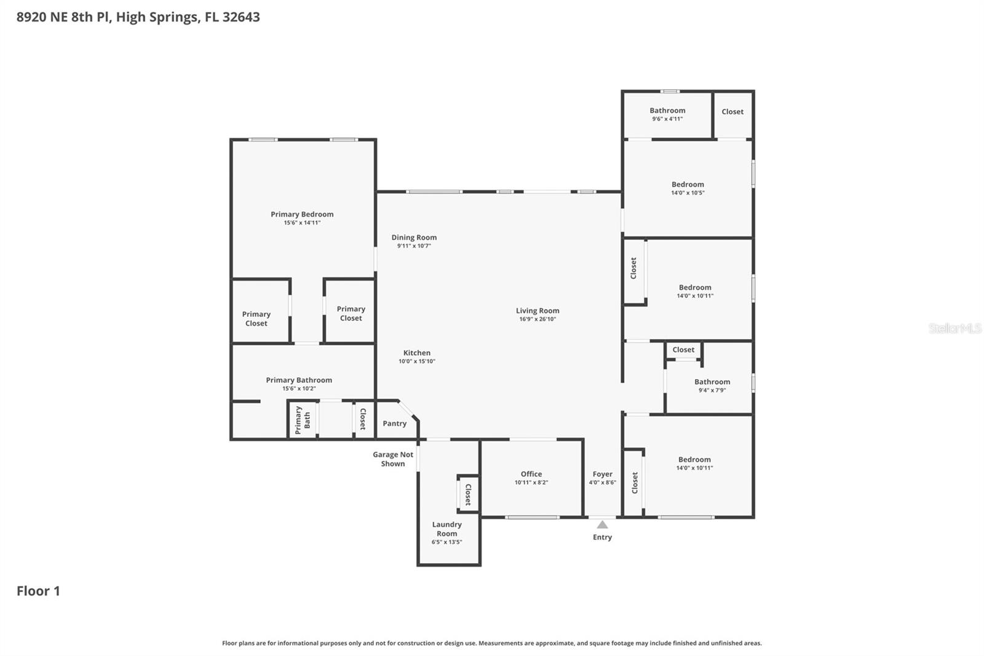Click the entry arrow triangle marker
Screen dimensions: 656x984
click(x=602, y=525)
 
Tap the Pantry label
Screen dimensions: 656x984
click(x=394, y=423)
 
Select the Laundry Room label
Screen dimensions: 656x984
click(x=446, y=529)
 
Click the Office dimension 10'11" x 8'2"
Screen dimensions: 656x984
click(x=531, y=482)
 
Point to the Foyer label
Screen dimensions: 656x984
click(x=602, y=474)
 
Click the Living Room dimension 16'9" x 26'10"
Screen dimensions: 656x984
click(x=538, y=319)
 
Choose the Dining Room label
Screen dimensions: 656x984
click(x=414, y=238)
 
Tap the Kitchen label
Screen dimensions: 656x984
click(x=416, y=353)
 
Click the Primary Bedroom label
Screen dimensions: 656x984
click(x=302, y=214)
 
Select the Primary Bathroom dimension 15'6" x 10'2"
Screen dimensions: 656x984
click(x=299, y=388)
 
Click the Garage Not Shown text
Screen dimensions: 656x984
click(x=393, y=459)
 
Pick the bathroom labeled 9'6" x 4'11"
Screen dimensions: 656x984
click(x=667, y=114)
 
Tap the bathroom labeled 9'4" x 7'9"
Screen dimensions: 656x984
click(x=712, y=385)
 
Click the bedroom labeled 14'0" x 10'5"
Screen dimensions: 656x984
click(x=688, y=188)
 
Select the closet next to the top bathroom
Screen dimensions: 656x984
click(x=732, y=111)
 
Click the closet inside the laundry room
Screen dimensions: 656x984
click(x=468, y=494)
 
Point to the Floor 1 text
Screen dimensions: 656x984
click(x=38, y=591)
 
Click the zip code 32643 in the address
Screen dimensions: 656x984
click(x=241, y=17)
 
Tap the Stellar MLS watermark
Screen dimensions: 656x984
click(x=954, y=329)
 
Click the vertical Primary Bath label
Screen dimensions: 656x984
click(x=303, y=420)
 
